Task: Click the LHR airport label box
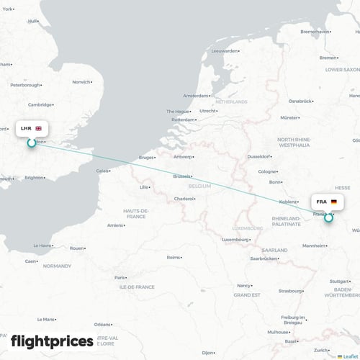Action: tap(31, 128)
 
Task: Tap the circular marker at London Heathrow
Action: tap(31, 143)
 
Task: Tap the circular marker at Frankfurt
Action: tap(328, 217)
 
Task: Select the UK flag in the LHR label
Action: tap(38, 128)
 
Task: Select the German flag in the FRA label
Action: tap(333, 202)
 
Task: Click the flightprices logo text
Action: tap(52, 341)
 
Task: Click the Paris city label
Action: tap(121, 277)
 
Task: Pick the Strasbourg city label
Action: tap(291, 291)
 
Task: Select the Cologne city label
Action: tap(267, 171)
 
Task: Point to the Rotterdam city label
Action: tap(184, 120)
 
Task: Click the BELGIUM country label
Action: tap(199, 186)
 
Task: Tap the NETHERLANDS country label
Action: tap(231, 102)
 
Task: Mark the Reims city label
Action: tap(174, 257)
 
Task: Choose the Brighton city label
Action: tap(34, 177)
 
